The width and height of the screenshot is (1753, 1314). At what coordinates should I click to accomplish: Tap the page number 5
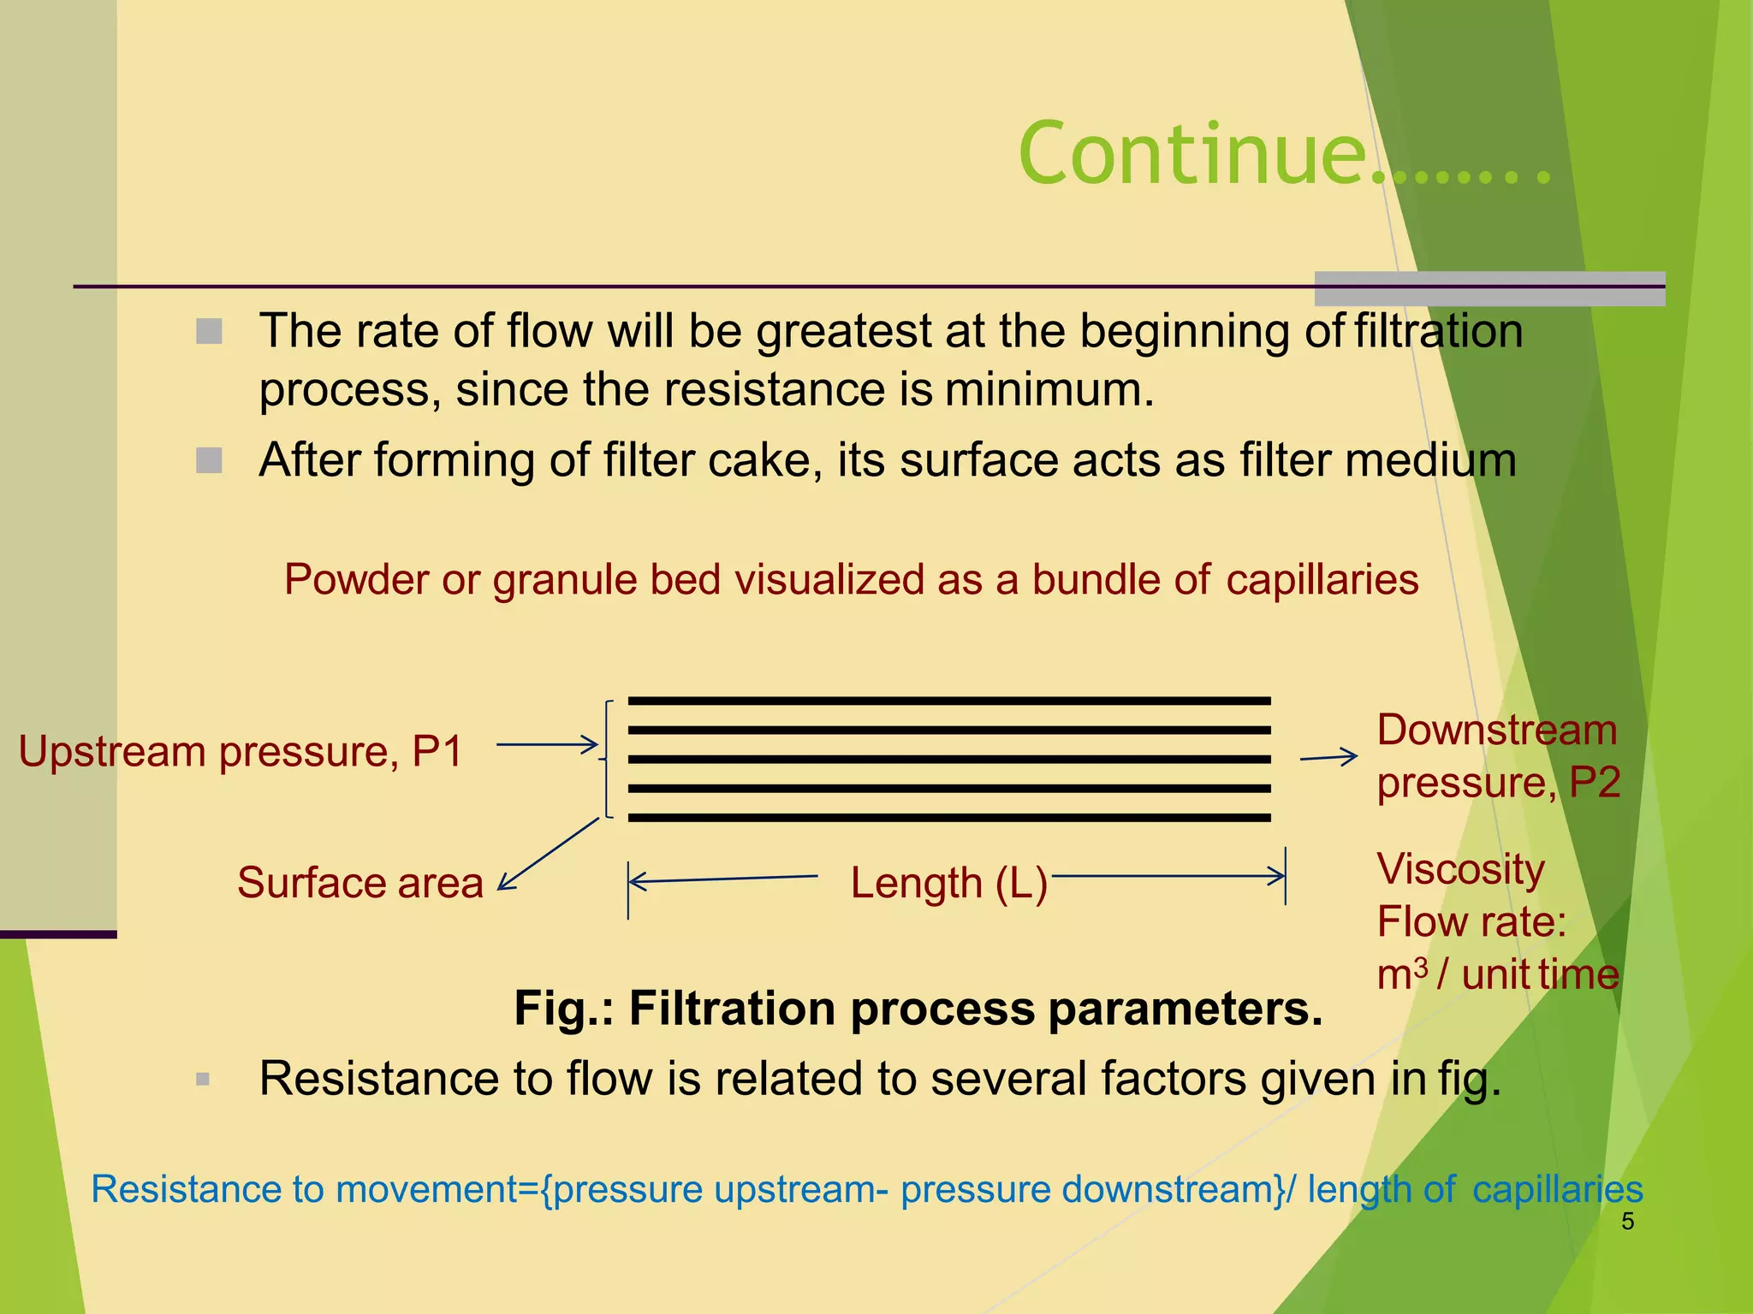coord(1627,1222)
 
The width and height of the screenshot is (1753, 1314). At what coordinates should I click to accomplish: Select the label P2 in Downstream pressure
coord(1595,783)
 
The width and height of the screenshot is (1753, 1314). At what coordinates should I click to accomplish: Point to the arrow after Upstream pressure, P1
coord(547,745)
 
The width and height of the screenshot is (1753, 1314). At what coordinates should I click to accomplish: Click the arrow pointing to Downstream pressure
coord(1328,757)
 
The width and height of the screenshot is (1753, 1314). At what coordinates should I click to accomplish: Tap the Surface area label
coord(360,883)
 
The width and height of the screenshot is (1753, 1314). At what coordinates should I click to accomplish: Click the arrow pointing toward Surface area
coord(548,855)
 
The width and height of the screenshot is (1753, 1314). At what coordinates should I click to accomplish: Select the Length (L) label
coord(948,883)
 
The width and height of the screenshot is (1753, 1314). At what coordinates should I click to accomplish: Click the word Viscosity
coord(1460,870)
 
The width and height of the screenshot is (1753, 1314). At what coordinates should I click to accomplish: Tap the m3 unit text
coord(1402,974)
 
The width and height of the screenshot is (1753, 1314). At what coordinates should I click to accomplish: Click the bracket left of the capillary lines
coord(607,759)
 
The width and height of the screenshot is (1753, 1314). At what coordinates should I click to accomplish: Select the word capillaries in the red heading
coord(1322,580)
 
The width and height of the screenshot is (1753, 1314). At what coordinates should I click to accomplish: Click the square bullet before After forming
coord(209,460)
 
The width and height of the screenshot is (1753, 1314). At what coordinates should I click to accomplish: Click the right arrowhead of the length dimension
coord(1278,876)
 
